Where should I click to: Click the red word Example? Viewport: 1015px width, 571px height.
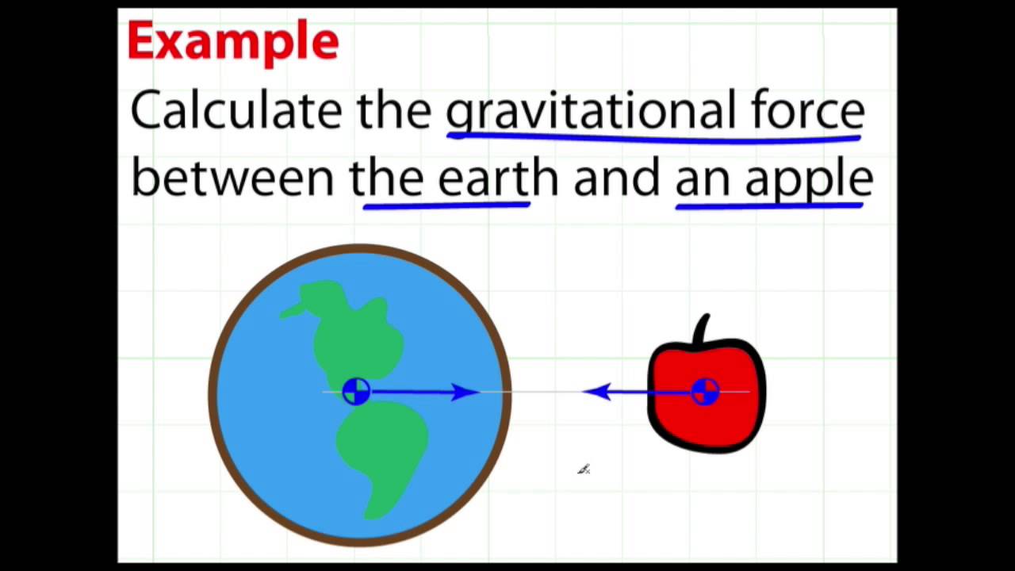click(232, 41)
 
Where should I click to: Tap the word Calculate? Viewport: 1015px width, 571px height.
click(236, 110)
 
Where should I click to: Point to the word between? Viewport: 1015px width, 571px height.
click(232, 178)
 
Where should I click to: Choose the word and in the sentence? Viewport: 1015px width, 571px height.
click(616, 178)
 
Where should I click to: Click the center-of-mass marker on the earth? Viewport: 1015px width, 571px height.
click(356, 391)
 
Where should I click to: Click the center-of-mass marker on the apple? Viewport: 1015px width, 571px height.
click(704, 391)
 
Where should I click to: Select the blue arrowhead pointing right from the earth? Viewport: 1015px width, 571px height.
click(464, 391)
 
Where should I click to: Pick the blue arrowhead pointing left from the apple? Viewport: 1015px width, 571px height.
click(597, 391)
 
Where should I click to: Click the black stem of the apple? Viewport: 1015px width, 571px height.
click(702, 331)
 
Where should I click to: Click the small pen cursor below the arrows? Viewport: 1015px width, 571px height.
click(584, 469)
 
